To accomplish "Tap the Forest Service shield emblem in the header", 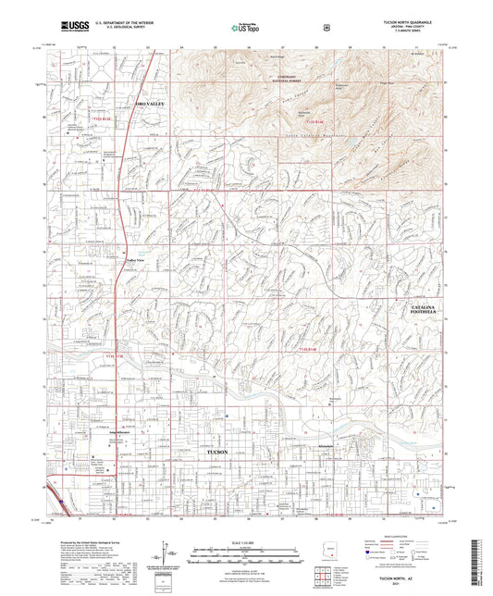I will point(326,27).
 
